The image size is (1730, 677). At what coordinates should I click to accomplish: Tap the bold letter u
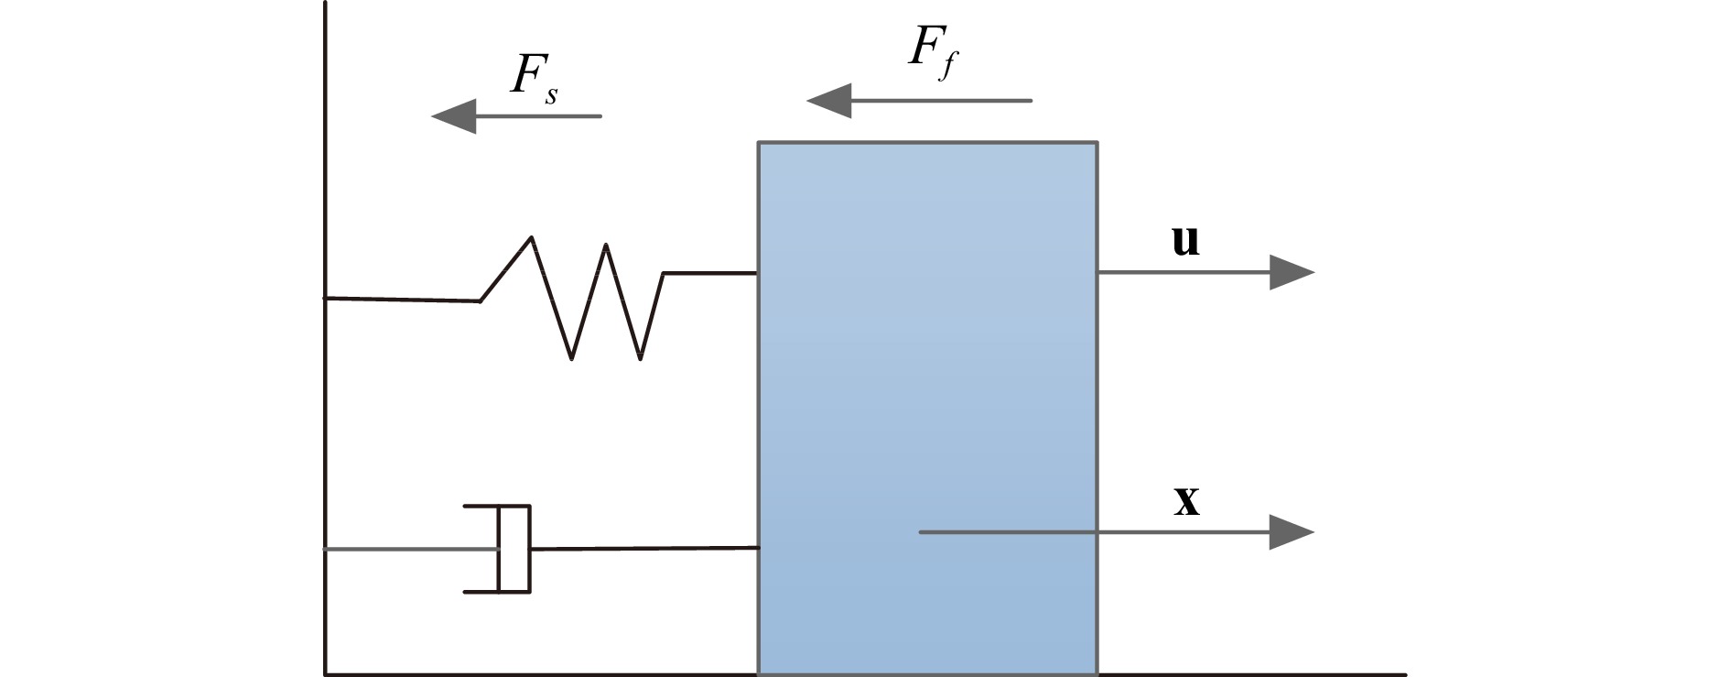(1185, 240)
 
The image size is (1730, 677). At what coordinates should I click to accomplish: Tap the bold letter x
(1186, 501)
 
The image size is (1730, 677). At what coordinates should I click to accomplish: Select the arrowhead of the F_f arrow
(829, 101)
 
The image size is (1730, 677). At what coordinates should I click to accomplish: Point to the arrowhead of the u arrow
(1292, 272)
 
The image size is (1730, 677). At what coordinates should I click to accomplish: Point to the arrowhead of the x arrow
(1292, 531)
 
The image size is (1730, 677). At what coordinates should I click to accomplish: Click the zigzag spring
(586, 298)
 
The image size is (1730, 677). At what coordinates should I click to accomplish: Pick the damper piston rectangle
(514, 549)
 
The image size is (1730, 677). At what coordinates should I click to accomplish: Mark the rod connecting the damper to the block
(645, 549)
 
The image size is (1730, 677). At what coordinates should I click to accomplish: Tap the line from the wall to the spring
(403, 300)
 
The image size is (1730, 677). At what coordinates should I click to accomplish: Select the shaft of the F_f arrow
(943, 101)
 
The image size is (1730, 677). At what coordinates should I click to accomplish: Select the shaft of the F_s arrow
(540, 116)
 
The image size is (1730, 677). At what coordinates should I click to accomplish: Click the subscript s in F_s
(551, 94)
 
